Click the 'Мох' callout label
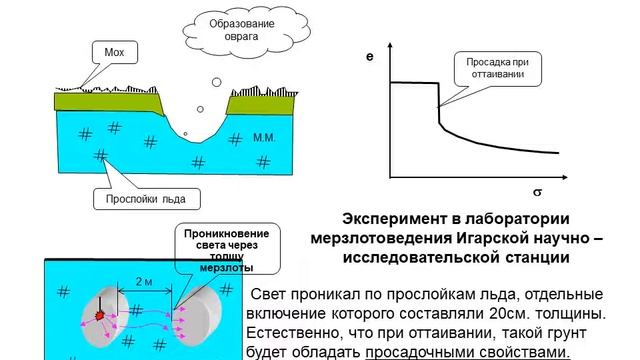tap(113, 51)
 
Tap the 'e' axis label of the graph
tap(369, 61)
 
